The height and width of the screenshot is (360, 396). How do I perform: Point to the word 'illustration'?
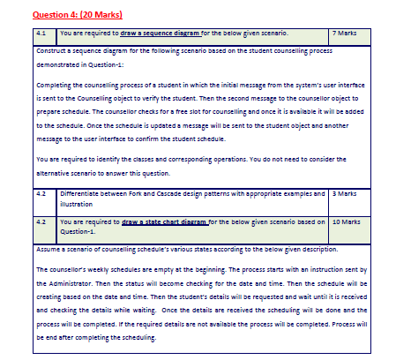click(x=80, y=201)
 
